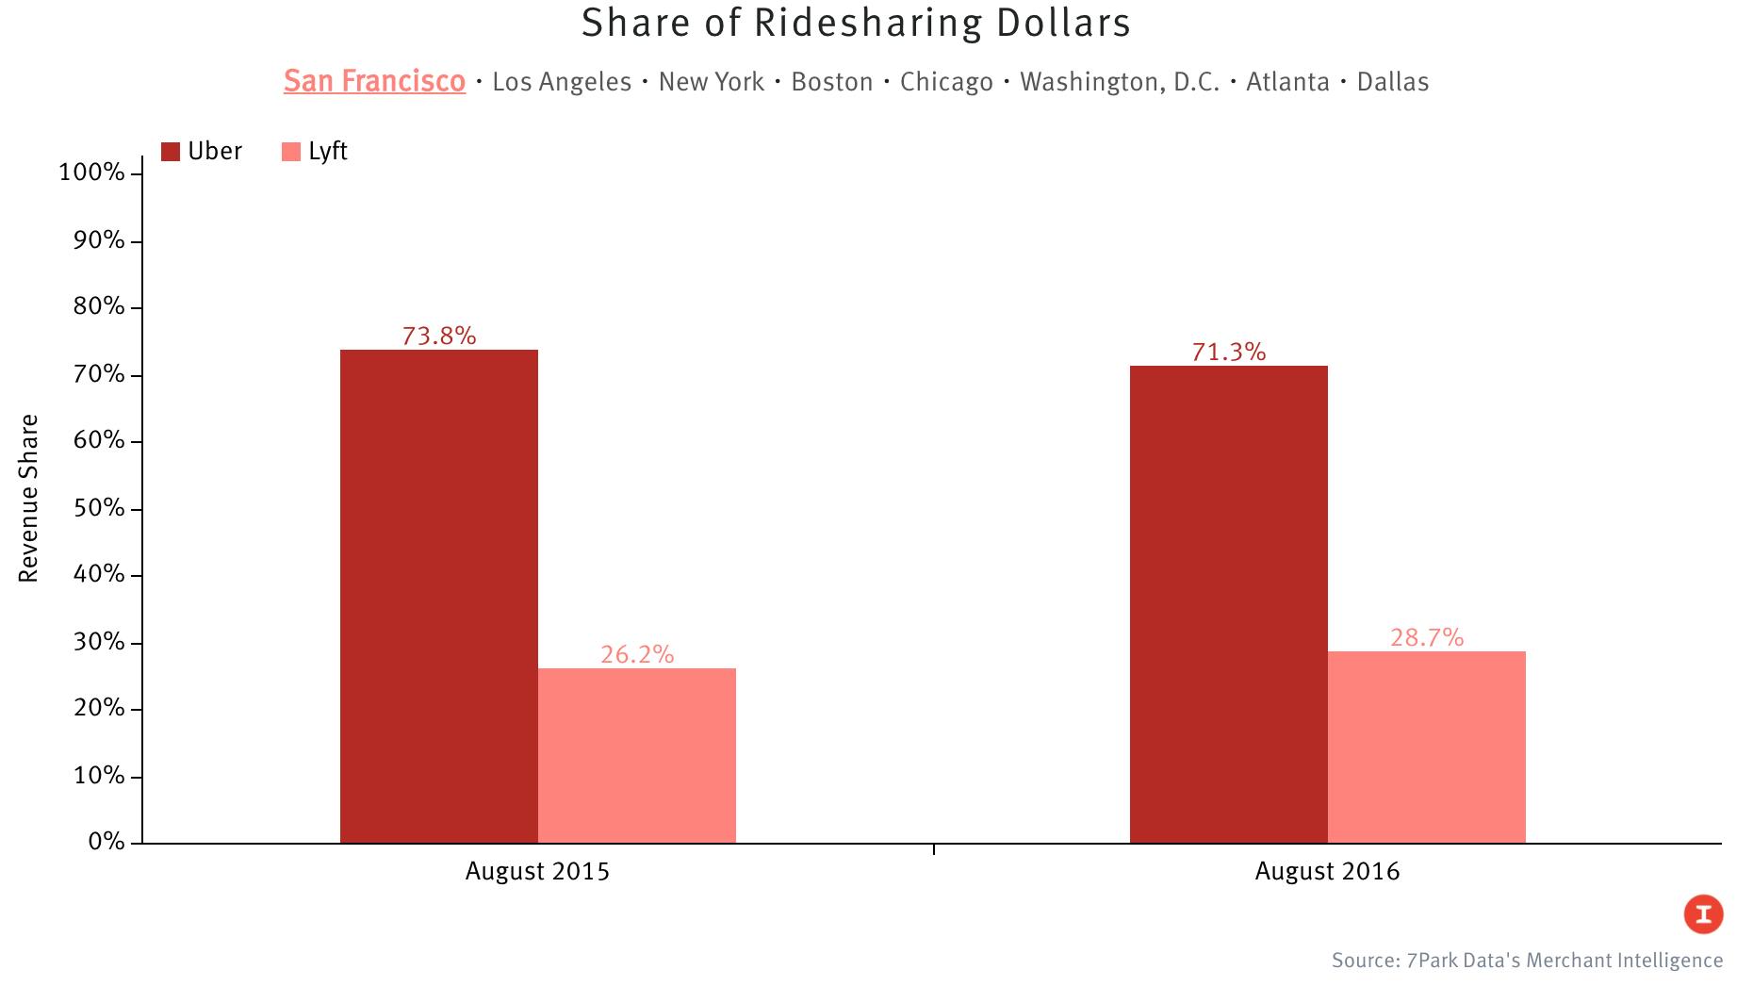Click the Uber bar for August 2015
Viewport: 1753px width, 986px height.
(x=439, y=596)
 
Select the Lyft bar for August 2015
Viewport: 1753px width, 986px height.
(x=637, y=755)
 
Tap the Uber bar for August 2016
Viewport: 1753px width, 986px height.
(x=1229, y=604)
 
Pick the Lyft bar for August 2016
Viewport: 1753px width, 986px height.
(x=1427, y=747)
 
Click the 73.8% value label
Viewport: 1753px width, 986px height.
(x=439, y=337)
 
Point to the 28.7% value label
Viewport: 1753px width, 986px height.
(x=1427, y=638)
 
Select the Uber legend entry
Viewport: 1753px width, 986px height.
(x=203, y=152)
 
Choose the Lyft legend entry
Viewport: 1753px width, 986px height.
(x=316, y=152)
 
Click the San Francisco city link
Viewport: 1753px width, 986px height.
(x=374, y=81)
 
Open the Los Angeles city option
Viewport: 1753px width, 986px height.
(x=562, y=82)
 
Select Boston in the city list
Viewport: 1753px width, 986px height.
(x=832, y=82)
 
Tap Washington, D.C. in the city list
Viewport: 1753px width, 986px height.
(x=1120, y=82)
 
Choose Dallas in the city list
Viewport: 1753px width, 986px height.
(x=1393, y=82)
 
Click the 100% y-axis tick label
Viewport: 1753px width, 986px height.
(x=91, y=173)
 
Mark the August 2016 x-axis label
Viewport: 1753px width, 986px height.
(x=1327, y=871)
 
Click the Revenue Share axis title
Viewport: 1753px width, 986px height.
(x=29, y=498)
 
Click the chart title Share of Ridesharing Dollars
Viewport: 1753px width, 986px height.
(x=856, y=24)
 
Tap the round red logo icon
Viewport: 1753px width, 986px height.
(x=1704, y=913)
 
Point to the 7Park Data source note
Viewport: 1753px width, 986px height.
(x=1527, y=961)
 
